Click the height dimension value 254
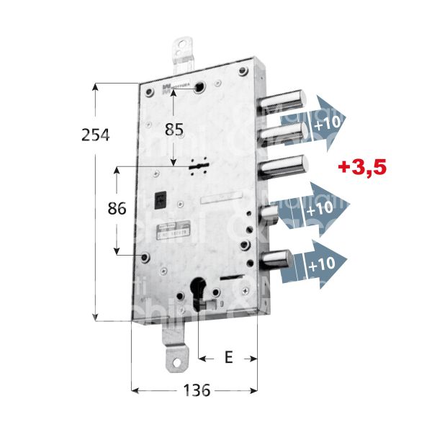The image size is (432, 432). [95, 135]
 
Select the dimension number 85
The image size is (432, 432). [174, 130]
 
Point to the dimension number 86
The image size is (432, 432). [117, 209]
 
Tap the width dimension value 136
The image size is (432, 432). [195, 391]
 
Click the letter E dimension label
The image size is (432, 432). [228, 357]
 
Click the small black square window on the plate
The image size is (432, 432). [161, 197]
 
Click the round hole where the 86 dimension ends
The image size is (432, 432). [145, 256]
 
